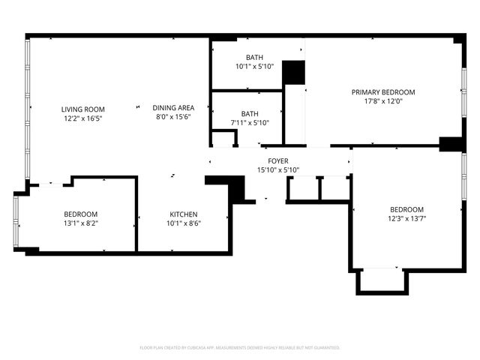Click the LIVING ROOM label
pyautogui.click(x=82, y=109)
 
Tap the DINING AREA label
pyautogui.click(x=174, y=107)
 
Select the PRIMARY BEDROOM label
pyautogui.click(x=383, y=92)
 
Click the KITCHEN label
pyautogui.click(x=184, y=213)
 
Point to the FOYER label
pyautogui.click(x=278, y=161)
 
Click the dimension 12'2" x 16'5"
pyautogui.click(x=82, y=118)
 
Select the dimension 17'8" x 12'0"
pyautogui.click(x=383, y=101)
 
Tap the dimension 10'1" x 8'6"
pyautogui.click(x=184, y=223)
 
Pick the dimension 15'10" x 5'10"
pyautogui.click(x=278, y=170)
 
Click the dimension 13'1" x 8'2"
pyautogui.click(x=80, y=223)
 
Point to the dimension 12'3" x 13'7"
pyautogui.click(x=406, y=218)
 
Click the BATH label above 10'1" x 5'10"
pyautogui.click(x=254, y=57)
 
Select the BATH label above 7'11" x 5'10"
pyautogui.click(x=250, y=114)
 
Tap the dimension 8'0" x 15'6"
pyautogui.click(x=174, y=117)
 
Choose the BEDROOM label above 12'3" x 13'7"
pyautogui.click(x=406, y=209)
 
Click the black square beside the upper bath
pyautogui.click(x=294, y=73)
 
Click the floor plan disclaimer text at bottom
pyautogui.click(x=240, y=348)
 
